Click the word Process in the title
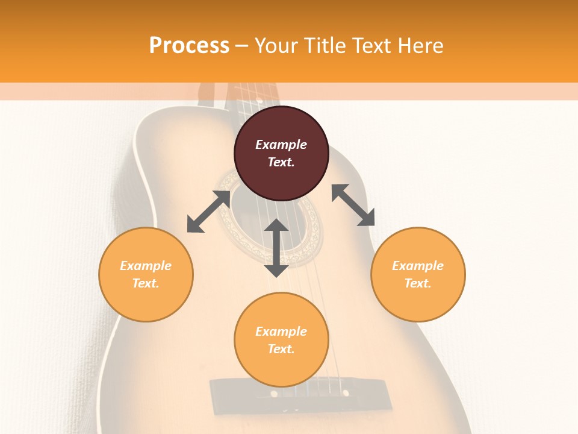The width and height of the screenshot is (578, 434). click(189, 46)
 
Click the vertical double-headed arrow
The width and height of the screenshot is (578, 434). click(276, 248)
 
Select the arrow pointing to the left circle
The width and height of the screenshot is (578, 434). click(208, 212)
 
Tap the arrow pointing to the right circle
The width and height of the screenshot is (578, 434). click(353, 205)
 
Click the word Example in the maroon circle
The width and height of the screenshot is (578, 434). click(281, 145)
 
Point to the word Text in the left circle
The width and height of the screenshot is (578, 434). click(146, 283)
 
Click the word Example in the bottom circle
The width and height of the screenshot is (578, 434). click(281, 332)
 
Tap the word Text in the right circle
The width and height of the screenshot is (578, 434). click(418, 283)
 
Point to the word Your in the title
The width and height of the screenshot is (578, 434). click(274, 46)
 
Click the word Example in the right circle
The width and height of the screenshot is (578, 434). click(418, 266)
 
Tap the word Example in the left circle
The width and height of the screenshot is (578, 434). click(146, 266)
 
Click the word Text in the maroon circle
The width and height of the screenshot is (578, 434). click(281, 162)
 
